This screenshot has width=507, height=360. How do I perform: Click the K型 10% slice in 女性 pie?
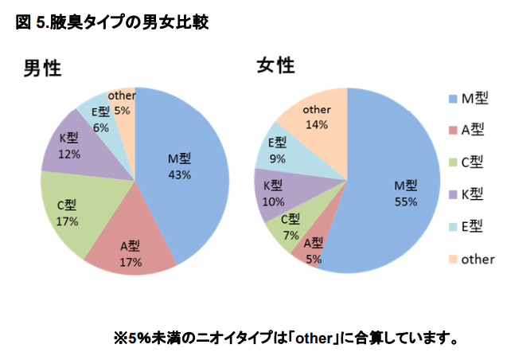(x=275, y=195)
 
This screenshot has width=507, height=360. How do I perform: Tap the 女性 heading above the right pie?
(x=275, y=65)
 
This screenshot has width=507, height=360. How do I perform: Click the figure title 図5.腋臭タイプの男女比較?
(x=111, y=22)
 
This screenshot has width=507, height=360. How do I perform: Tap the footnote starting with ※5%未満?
(x=287, y=338)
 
